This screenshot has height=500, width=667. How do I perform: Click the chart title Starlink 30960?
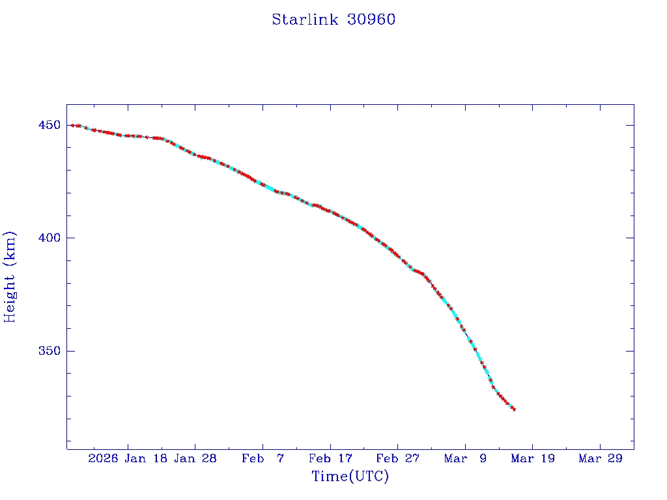(x=333, y=20)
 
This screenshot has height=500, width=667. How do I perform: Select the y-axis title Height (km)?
(x=10, y=277)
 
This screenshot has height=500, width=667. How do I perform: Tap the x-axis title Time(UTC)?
(x=350, y=477)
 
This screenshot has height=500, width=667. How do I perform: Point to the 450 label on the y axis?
(x=50, y=125)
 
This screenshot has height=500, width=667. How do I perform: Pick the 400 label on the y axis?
(x=50, y=238)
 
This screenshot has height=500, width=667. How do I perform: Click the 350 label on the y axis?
(x=50, y=351)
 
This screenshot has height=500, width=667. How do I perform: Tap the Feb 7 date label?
(x=263, y=458)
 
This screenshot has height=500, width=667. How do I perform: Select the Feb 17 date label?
(x=330, y=458)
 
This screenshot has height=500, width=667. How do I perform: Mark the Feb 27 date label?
(x=397, y=458)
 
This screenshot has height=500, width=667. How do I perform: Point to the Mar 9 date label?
(x=465, y=458)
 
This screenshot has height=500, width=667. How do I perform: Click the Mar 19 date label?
(x=532, y=458)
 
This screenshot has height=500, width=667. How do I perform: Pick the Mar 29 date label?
(x=600, y=458)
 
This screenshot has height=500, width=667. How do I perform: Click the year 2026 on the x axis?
(x=103, y=458)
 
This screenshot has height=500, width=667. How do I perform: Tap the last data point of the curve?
(x=514, y=409)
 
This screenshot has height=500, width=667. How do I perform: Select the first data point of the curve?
(x=72, y=125)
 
